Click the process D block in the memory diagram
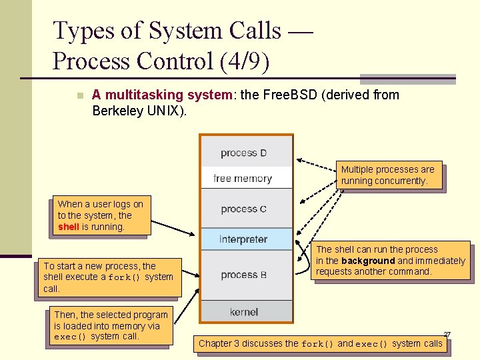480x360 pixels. (x=245, y=153)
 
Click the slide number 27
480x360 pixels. (x=447, y=334)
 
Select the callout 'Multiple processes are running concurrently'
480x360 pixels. (x=389, y=175)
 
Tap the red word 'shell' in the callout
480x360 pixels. (x=69, y=227)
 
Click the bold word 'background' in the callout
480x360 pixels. (x=368, y=261)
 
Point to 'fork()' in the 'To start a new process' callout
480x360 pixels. (x=125, y=277)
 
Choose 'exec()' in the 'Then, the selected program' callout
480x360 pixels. (x=71, y=337)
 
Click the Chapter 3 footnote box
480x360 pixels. (x=321, y=344)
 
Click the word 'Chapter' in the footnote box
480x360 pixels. (x=215, y=344)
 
